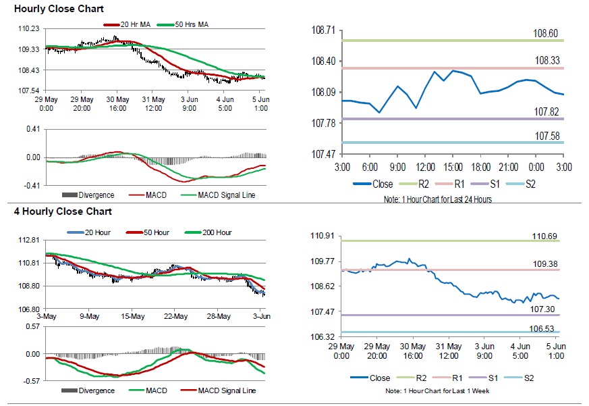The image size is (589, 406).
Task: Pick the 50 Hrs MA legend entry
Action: (188, 25)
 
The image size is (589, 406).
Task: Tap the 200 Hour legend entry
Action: (217, 232)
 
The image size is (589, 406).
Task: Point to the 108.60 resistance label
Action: (547, 33)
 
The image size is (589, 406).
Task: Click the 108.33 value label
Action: (547, 61)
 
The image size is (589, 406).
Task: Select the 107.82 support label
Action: (547, 111)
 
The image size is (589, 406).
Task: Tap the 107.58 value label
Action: (547, 136)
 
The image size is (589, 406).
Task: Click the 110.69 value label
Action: (547, 235)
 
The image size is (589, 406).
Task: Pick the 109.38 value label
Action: (547, 264)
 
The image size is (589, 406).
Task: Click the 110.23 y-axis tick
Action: (29, 29)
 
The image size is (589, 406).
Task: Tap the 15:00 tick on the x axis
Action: (453, 167)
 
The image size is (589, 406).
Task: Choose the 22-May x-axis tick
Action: (175, 316)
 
